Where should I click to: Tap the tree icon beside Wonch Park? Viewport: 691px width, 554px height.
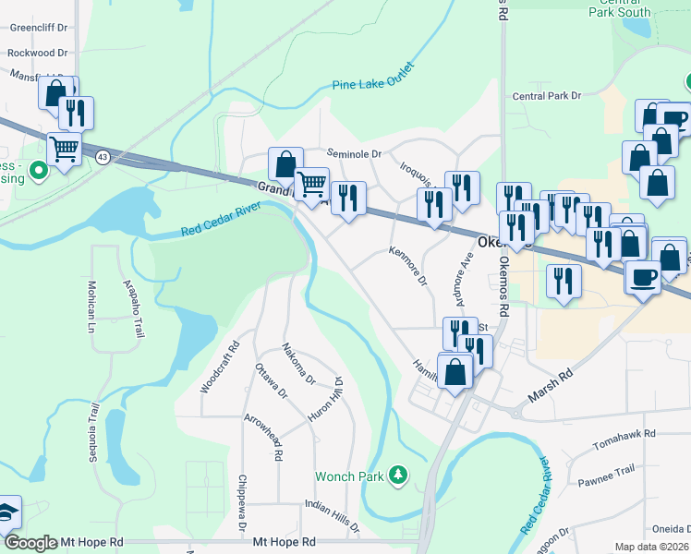[399, 476]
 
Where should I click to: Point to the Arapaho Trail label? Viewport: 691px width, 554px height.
[129, 309]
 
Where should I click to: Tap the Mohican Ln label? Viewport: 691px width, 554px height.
[92, 307]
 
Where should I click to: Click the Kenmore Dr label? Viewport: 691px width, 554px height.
[408, 264]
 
